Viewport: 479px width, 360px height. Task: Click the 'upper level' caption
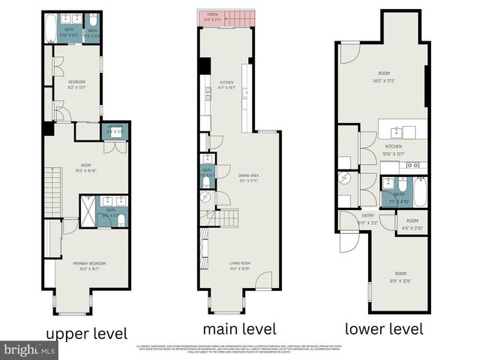pyautogui.click(x=86, y=333)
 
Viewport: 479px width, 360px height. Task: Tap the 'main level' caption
pyautogui.click(x=238, y=329)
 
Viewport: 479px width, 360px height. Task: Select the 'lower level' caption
pyautogui.click(x=384, y=329)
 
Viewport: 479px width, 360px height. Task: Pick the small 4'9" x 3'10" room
pyautogui.click(x=412, y=226)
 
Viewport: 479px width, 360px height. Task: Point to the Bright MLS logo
pyautogui.click(x=28, y=349)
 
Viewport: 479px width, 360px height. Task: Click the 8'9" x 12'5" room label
pyautogui.click(x=401, y=277)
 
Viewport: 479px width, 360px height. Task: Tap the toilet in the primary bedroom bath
pyautogui.click(x=120, y=219)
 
